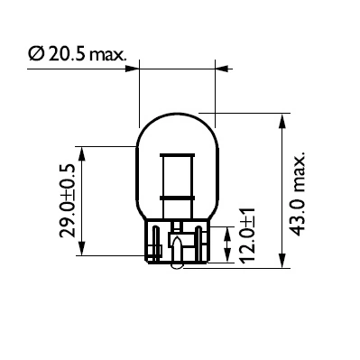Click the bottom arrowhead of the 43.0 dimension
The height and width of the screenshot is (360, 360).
click(285, 263)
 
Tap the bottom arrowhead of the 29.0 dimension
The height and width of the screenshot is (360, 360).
click(82, 254)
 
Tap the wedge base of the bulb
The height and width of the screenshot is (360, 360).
click(177, 245)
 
